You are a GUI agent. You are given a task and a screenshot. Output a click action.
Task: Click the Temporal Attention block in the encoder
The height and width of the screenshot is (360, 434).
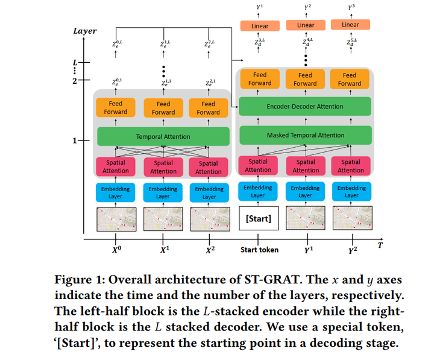coord(163,136)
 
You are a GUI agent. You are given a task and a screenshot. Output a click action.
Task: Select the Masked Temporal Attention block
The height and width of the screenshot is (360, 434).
coord(306,135)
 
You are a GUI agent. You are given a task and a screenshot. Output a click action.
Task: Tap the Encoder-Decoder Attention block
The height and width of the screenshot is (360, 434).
coord(306,106)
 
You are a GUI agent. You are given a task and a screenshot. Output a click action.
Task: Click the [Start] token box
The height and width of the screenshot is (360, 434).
coord(258,219)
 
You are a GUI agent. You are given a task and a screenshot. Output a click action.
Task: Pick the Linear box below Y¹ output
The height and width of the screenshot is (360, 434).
coord(260,26)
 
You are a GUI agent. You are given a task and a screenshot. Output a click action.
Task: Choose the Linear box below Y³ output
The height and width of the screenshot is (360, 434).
coord(350,25)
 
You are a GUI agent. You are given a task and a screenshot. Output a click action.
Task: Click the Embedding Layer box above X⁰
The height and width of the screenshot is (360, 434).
coord(115,192)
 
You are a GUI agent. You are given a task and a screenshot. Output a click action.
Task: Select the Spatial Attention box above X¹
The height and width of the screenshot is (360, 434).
coord(163,166)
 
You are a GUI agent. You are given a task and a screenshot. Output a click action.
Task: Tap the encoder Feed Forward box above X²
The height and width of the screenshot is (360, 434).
coord(208,108)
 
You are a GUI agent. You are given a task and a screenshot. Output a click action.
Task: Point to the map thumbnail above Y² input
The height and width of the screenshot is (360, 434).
coord(351,218)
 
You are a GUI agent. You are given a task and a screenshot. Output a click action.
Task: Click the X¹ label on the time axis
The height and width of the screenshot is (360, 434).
coord(164,250)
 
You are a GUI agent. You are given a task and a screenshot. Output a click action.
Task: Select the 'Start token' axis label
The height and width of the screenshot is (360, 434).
coord(260,250)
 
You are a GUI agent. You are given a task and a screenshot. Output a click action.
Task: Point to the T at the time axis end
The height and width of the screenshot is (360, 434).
coord(380,245)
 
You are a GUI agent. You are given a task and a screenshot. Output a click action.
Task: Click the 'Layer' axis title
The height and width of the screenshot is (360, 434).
coord(84,31)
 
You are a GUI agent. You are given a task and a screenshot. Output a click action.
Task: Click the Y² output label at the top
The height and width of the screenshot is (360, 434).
coord(307,7)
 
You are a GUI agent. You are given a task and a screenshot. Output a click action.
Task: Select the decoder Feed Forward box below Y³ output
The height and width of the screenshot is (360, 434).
coord(350,79)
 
